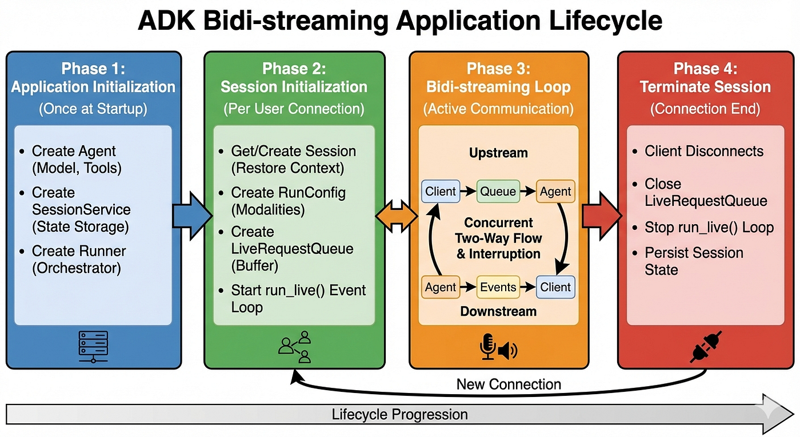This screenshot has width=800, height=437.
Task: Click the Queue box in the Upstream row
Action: tap(498, 191)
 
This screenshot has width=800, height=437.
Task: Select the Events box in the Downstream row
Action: tap(498, 287)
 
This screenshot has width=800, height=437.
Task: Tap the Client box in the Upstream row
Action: tap(441, 191)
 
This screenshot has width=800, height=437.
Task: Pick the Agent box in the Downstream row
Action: tap(441, 287)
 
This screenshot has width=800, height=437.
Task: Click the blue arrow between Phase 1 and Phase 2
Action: tap(192, 216)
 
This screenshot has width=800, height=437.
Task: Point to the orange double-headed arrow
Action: tap(397, 216)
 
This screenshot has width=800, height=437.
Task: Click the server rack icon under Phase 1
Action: tap(93, 347)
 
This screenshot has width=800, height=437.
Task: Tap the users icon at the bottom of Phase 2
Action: tap(295, 347)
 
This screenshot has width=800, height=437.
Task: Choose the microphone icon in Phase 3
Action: tap(487, 347)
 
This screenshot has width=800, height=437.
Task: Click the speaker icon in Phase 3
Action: tap(507, 350)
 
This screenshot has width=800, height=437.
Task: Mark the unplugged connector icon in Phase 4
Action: tap(706, 347)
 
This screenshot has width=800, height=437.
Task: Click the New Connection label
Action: tap(509, 384)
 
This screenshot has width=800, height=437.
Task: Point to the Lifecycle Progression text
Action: tap(399, 415)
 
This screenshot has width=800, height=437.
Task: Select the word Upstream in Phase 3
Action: tap(498, 153)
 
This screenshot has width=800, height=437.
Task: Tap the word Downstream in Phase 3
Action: tap(498, 311)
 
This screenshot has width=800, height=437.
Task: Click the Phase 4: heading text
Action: tap(705, 69)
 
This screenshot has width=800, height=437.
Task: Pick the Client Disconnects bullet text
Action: tap(703, 151)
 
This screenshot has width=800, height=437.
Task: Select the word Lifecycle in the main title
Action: tap(606, 21)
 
